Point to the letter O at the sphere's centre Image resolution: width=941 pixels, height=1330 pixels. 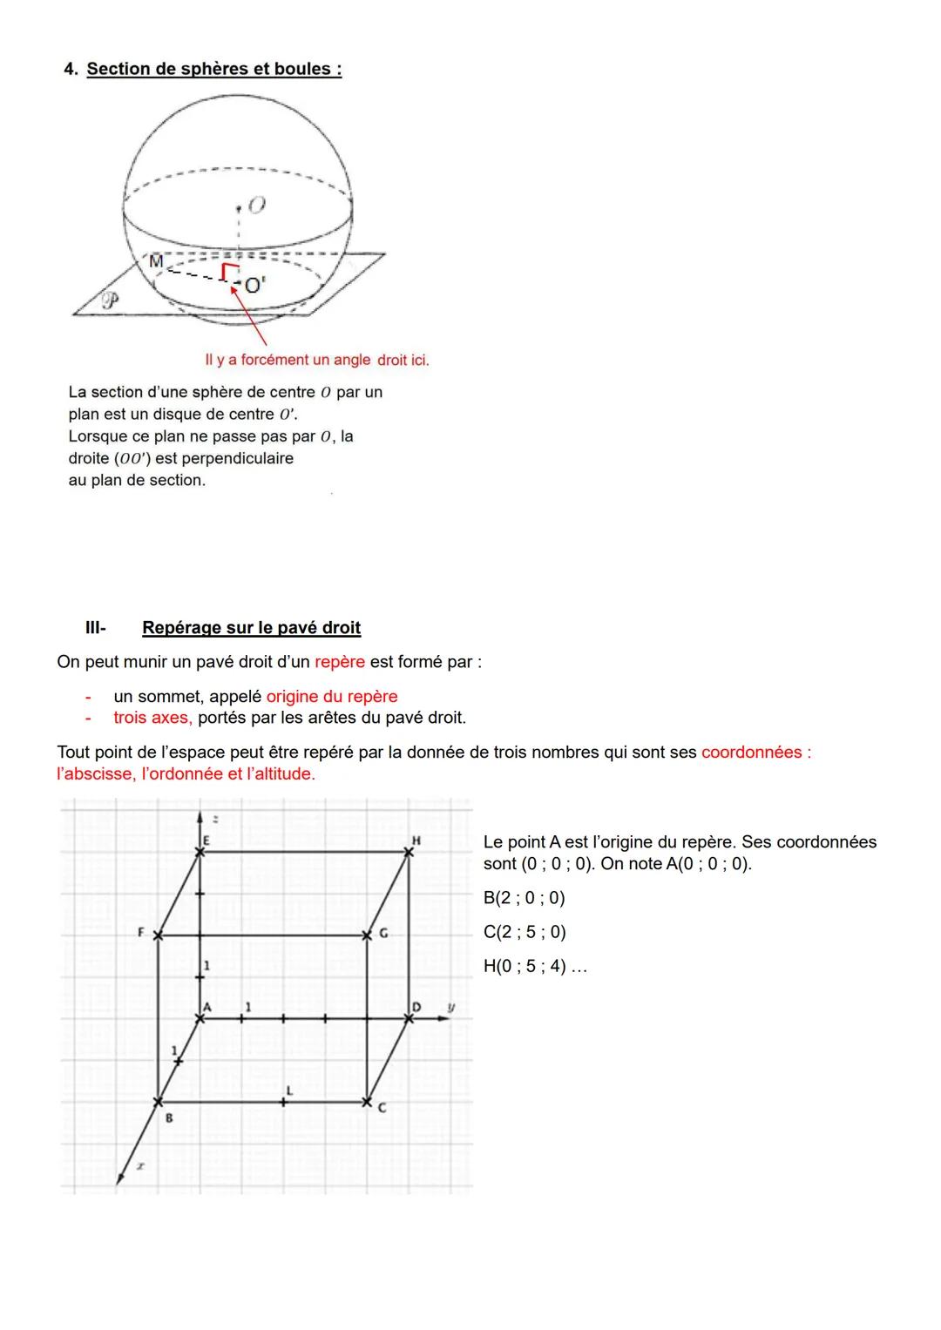pos(255,206)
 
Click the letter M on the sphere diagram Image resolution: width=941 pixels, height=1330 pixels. pos(156,261)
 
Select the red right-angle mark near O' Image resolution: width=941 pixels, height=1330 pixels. pos(228,272)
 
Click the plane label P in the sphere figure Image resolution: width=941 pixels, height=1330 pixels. pos(111,301)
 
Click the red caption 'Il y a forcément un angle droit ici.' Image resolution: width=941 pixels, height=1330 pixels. pos(316,360)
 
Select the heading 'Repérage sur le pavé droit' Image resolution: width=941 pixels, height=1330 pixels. pos(251,628)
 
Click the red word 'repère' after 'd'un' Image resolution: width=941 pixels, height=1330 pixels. pos(339,662)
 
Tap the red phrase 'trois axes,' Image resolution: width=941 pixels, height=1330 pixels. pos(152,718)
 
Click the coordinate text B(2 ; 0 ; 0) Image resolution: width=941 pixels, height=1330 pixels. pos(524,898)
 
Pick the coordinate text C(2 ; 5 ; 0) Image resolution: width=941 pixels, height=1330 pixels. pos(525,932)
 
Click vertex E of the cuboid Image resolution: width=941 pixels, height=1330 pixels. pos(200,852)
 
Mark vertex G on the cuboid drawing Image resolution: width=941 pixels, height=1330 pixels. pos(368,935)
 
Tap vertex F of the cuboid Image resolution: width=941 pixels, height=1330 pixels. pos(158,935)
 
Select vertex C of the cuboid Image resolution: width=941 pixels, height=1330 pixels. pos(368,1102)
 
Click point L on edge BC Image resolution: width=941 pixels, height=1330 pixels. pos(284,1102)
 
